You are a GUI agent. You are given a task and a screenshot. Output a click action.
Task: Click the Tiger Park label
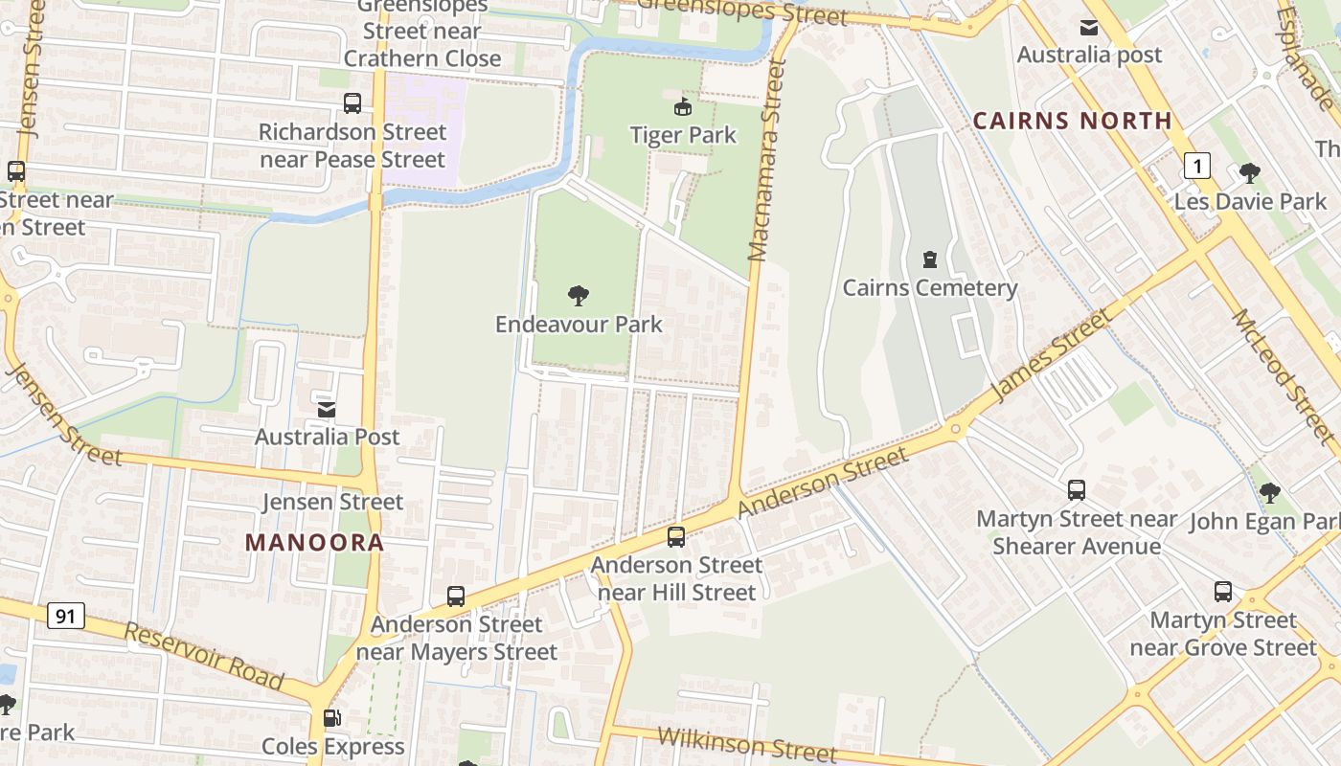[x=683, y=135]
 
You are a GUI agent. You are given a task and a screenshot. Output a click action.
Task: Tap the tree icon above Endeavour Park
[x=579, y=296]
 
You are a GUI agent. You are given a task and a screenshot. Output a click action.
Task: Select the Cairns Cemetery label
[x=929, y=287]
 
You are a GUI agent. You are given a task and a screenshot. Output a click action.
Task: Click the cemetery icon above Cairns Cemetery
[x=929, y=259]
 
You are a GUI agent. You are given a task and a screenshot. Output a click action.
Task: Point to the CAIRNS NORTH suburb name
[x=1072, y=121]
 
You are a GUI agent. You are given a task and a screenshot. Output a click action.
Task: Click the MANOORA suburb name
[x=314, y=543]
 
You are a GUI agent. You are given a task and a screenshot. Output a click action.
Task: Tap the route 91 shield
[x=65, y=616]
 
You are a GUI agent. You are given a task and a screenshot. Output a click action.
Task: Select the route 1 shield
[x=1196, y=167]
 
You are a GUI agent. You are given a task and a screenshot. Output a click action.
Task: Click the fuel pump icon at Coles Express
[x=331, y=718]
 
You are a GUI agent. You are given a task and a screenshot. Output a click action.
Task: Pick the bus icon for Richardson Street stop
[x=352, y=103]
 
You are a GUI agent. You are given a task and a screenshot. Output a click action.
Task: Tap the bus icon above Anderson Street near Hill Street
[x=676, y=537]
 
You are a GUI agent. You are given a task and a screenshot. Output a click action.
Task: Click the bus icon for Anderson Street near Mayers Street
[x=456, y=597]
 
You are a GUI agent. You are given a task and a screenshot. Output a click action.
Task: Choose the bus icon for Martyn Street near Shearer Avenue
[x=1077, y=490]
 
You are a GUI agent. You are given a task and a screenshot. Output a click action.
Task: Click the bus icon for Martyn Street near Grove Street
[x=1223, y=592]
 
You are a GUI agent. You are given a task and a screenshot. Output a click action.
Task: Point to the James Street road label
[x=1052, y=354]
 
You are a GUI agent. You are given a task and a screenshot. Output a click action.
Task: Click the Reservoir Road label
[x=204, y=657]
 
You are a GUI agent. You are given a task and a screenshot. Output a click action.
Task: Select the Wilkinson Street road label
[x=747, y=743]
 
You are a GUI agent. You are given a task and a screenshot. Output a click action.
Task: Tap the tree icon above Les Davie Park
[x=1249, y=173]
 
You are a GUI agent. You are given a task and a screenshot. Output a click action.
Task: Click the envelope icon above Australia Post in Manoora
[x=327, y=409]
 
